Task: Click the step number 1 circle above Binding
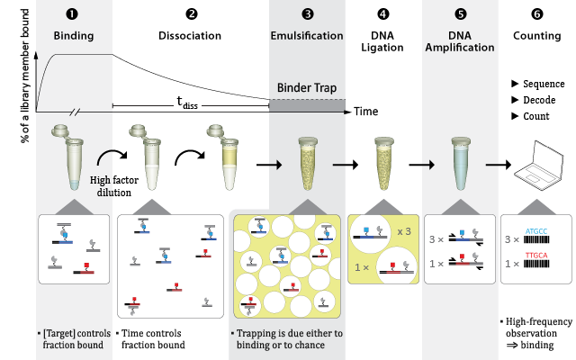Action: coord(73,14)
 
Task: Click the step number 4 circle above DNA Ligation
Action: coord(383,14)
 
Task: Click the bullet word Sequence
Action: coord(539,82)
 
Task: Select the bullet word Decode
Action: coord(534,99)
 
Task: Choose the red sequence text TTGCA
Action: coord(536,256)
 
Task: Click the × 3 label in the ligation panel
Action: coord(404,232)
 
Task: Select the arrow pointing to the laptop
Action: coord(499,165)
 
